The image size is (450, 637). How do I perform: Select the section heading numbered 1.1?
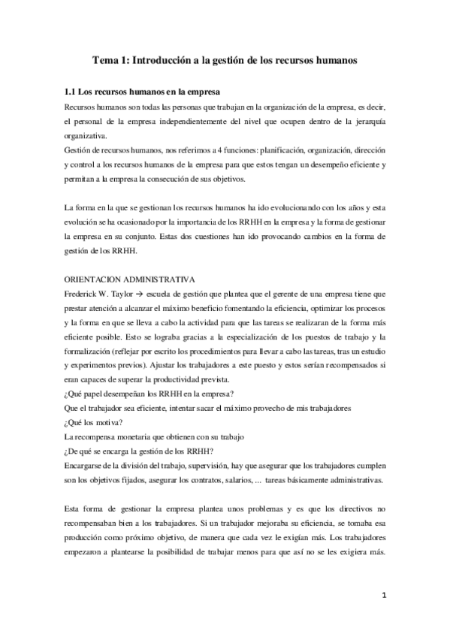click(x=142, y=92)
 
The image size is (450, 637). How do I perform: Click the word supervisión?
click(x=196, y=465)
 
